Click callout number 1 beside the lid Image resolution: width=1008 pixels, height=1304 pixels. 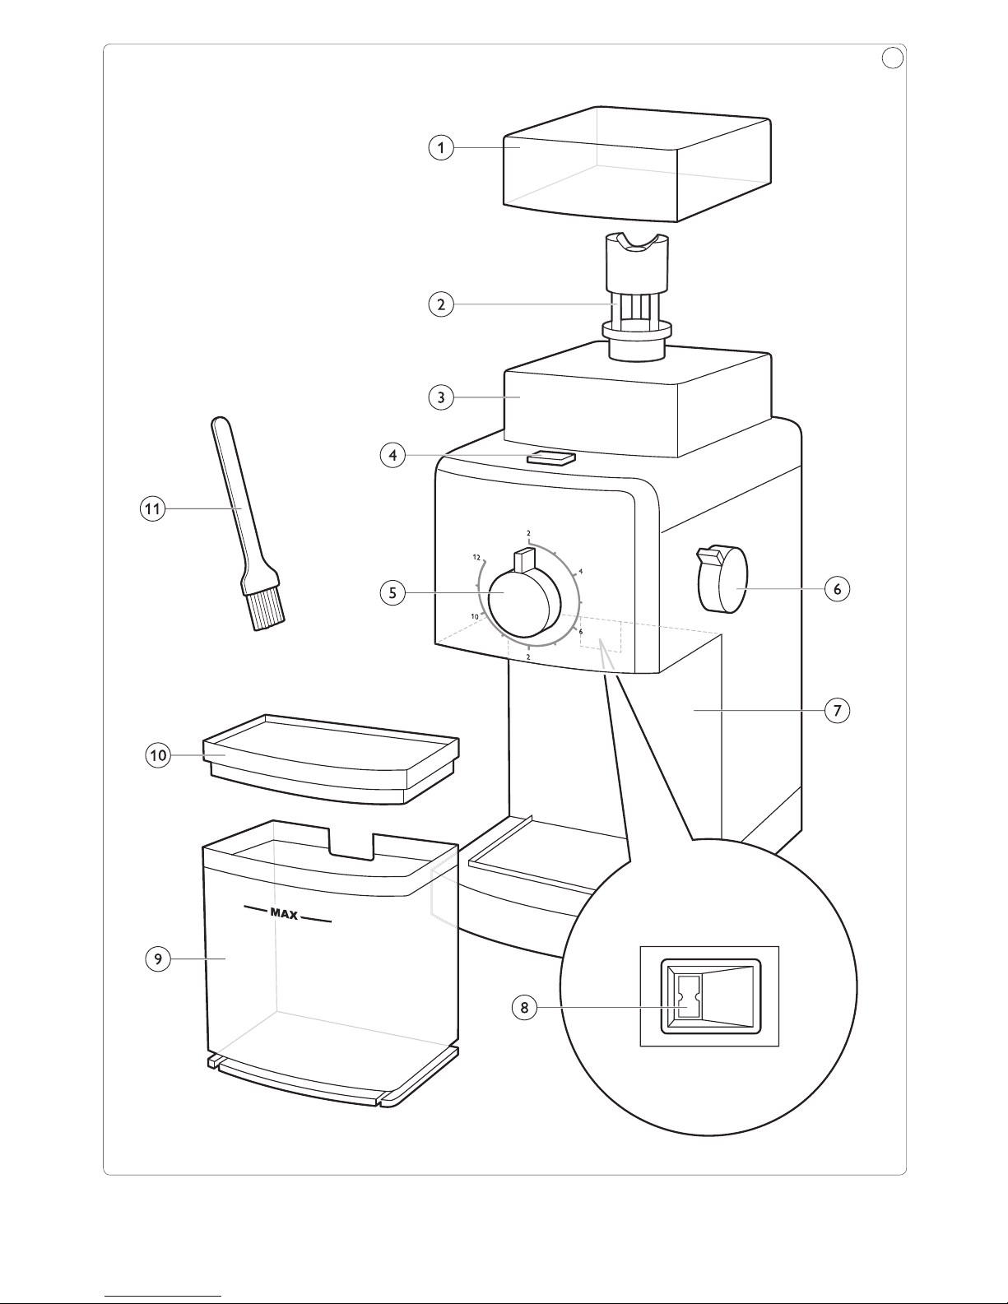[441, 147]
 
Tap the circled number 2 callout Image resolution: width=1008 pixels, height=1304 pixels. [441, 304]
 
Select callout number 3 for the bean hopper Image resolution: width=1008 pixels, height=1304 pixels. [441, 397]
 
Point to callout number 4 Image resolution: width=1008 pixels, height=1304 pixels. [393, 456]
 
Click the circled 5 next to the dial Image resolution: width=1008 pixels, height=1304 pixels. [393, 593]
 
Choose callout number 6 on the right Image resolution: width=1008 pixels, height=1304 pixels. [837, 589]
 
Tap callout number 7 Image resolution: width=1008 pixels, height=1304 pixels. [837, 711]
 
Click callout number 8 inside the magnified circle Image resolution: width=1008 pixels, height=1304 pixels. [524, 1007]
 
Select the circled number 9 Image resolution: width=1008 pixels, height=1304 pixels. [158, 958]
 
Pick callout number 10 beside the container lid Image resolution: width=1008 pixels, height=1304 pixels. [158, 755]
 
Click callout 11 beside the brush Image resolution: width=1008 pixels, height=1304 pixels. [152, 509]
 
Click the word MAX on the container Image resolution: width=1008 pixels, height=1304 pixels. [285, 914]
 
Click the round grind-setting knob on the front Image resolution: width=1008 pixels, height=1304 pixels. [524, 604]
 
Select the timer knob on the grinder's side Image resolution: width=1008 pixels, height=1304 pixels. [722, 578]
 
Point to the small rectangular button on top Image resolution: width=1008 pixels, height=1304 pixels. [551, 458]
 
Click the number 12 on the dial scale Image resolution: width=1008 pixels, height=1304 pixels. [476, 558]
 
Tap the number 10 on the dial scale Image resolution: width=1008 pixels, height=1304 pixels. [475, 616]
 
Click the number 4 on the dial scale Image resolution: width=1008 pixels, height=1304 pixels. [580, 571]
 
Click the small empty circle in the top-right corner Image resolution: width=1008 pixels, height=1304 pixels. [893, 58]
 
